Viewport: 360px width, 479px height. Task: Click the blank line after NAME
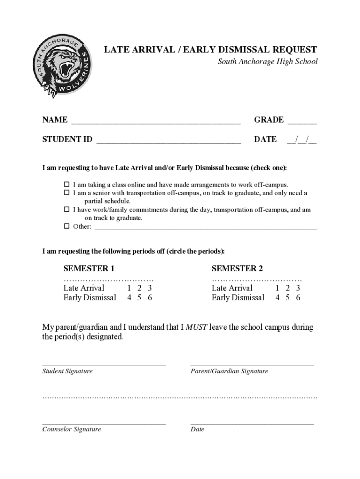[x=155, y=121]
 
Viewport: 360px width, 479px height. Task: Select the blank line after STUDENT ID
[x=168, y=140]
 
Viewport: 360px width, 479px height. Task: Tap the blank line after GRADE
[x=302, y=121]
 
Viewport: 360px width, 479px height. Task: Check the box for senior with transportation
[x=66, y=193]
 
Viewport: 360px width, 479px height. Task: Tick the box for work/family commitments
[x=66, y=210]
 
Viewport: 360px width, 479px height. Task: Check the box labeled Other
[x=66, y=227]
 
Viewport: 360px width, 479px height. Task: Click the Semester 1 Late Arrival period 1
[x=129, y=288]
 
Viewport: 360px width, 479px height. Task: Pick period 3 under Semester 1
[x=150, y=288]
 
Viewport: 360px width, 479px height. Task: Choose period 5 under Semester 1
[x=139, y=298]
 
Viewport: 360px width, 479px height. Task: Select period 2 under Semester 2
[x=288, y=288]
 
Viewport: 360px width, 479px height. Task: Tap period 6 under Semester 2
[x=298, y=298]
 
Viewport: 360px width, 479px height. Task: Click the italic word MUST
[x=196, y=327]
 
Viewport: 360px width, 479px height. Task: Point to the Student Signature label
[x=67, y=371]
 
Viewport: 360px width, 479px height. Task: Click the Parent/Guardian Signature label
[x=229, y=371]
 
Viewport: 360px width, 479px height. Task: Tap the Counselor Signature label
[x=72, y=429]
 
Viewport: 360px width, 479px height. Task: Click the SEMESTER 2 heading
[x=237, y=269]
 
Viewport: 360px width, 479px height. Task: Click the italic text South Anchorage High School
[x=267, y=62]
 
